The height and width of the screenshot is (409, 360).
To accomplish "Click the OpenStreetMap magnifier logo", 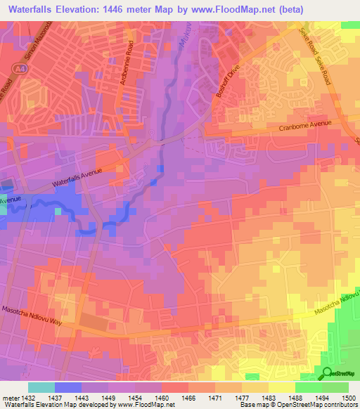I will [328, 374].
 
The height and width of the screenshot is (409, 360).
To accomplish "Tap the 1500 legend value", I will [349, 397].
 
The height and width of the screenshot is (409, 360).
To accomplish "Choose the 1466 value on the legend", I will [188, 397].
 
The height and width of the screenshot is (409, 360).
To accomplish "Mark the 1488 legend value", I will [296, 397].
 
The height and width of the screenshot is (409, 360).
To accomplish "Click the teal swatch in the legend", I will [41, 387].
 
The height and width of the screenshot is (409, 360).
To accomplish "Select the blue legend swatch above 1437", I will [68, 387].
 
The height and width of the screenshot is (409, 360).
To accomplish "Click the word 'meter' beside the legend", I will [8, 397].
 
